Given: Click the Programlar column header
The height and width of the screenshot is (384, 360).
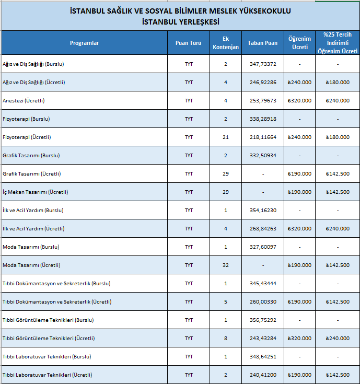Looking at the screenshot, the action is click(84, 43).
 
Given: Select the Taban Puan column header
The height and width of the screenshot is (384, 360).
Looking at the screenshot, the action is click(262, 43).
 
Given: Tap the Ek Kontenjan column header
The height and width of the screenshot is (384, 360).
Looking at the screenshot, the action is click(226, 43).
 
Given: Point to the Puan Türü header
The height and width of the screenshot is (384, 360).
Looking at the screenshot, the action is click(188, 43).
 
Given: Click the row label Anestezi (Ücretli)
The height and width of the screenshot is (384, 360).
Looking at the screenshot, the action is click(24, 101).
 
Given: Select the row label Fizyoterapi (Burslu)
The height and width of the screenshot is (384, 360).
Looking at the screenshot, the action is click(26, 119).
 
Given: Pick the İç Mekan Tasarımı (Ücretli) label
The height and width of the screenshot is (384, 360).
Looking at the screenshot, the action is click(35, 192).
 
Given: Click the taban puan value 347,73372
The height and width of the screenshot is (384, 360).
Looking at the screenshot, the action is click(263, 64).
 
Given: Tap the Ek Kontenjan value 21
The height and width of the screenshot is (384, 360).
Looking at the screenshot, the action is click(226, 137).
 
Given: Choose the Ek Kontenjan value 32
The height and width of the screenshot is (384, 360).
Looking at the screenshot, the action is click(226, 265).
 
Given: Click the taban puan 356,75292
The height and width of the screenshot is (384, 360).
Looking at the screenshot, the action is click(263, 320).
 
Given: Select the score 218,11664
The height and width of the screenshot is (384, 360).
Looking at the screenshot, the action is click(263, 137).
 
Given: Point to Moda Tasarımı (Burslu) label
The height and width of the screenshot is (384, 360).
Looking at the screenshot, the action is click(31, 247).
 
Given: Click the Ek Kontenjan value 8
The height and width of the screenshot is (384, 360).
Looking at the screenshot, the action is click(226, 338).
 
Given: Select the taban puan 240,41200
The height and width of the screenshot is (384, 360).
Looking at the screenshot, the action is click(263, 375).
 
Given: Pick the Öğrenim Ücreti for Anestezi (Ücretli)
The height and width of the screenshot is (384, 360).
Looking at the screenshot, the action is click(299, 101).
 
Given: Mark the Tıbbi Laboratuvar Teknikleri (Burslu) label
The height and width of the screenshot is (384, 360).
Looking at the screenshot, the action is click(47, 356).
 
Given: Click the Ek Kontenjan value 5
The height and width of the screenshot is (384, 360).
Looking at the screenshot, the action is click(226, 302).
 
